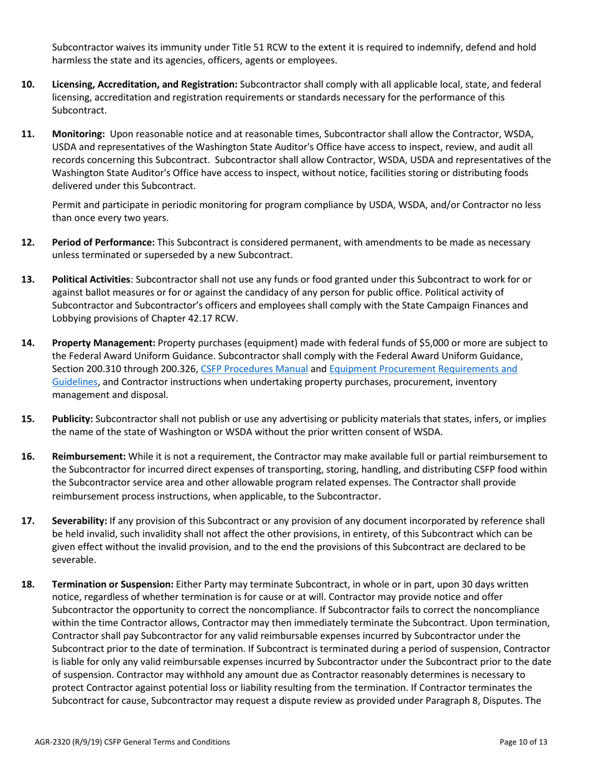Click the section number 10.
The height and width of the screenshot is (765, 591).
pos(28,83)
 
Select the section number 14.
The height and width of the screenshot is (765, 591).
pos(28,342)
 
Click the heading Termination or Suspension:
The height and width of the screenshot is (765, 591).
pos(113,584)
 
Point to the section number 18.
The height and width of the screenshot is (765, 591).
pos(28,584)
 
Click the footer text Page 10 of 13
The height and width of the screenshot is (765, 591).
pos(524,741)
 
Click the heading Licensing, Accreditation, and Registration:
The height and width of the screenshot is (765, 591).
pos(144,83)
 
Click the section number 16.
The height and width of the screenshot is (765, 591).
pos(28,456)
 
